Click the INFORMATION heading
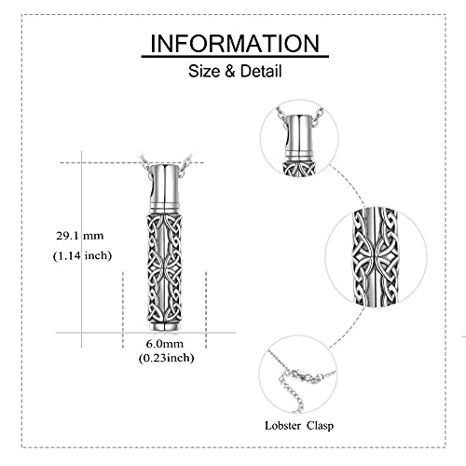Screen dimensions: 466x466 coord(235,43)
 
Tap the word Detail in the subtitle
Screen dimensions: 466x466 coord(261,71)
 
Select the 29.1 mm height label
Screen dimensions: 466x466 coord(80,236)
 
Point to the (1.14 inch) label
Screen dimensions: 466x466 coord(82,255)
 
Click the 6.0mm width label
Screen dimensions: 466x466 coord(165,344)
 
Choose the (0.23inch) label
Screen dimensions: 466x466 coord(166,358)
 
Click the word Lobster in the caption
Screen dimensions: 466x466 coord(282,425)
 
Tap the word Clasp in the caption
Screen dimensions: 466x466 coord(320,426)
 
